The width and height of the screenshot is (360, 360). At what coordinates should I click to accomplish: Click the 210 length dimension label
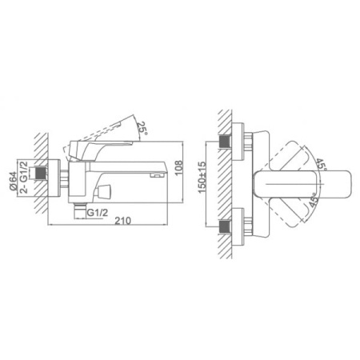click(x=123, y=221)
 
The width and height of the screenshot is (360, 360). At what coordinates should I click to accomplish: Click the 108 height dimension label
click(x=178, y=168)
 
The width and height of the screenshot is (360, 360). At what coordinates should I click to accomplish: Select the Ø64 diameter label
click(x=13, y=181)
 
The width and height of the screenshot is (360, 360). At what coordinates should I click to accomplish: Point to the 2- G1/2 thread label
click(x=24, y=177)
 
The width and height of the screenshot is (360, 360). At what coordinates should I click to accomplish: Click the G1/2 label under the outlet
click(x=98, y=213)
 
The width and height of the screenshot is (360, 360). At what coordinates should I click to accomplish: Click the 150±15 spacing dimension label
click(x=202, y=178)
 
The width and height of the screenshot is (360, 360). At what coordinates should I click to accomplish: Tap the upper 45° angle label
click(x=321, y=165)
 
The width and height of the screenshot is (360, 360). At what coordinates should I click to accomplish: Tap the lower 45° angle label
click(x=314, y=200)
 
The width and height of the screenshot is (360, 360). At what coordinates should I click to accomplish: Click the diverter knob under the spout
click(x=104, y=191)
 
